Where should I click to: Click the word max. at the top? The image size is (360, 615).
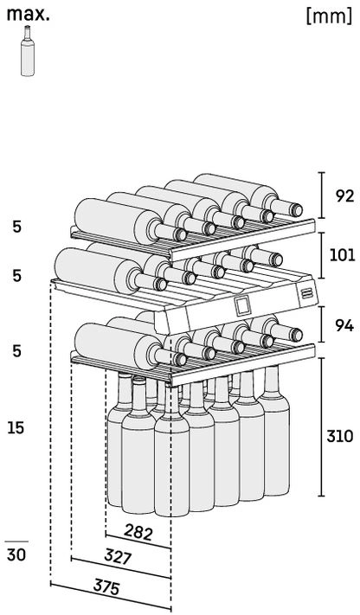click(x=28, y=14)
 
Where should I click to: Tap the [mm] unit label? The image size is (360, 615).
click(x=329, y=16)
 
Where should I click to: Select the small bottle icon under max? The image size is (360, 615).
click(x=27, y=50)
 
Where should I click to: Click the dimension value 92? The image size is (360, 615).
click(x=344, y=195)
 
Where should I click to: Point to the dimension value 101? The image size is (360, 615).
click(x=343, y=255)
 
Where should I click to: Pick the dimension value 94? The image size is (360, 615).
click(x=344, y=325)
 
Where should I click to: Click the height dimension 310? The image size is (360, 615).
click(x=340, y=436)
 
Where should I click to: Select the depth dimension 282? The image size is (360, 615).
click(x=138, y=532)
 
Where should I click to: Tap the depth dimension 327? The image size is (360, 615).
click(x=118, y=556)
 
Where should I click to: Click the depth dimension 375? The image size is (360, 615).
click(x=106, y=587)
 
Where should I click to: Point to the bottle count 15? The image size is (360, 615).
click(x=16, y=427)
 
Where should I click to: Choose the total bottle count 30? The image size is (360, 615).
click(x=16, y=555)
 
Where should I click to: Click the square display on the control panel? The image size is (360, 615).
click(x=242, y=305)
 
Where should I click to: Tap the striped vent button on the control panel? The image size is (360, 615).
click(x=306, y=293)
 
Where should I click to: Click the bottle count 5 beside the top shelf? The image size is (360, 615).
click(x=17, y=227)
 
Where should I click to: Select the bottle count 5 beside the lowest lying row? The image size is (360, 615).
click(x=17, y=350)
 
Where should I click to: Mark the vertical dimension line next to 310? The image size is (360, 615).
click(x=322, y=427)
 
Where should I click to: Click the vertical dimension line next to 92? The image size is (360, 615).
click(x=322, y=195)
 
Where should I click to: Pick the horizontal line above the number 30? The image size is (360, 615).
click(x=16, y=541)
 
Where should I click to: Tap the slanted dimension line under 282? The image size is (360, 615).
click(x=138, y=541)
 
